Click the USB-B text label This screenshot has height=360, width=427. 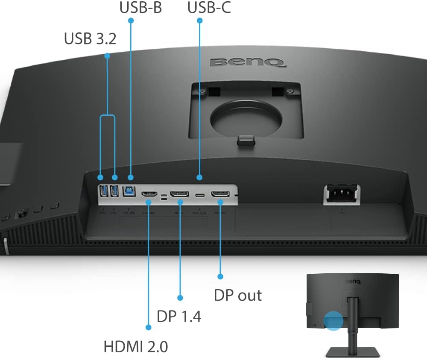pyautogui.click(x=140, y=7)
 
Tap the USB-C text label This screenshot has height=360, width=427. pyautogui.click(x=209, y=7)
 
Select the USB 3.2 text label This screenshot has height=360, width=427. pyautogui.click(x=90, y=38)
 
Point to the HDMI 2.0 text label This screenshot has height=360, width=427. pyautogui.click(x=136, y=347)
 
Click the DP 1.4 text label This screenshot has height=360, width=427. pyautogui.click(x=179, y=316)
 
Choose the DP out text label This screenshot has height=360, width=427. pyautogui.click(x=238, y=295)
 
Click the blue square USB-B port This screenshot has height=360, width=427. pyautogui.click(x=129, y=191)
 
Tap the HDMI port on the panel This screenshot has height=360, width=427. pyautogui.click(x=149, y=194)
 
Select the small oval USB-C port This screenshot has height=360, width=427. pyautogui.click(x=200, y=195)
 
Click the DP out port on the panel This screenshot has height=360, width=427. pyautogui.click(x=220, y=194)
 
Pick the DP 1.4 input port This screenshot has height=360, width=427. pyautogui.click(x=179, y=194)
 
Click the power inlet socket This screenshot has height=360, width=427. pyautogui.click(x=342, y=193)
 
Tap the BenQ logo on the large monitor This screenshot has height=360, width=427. pyautogui.click(x=248, y=63)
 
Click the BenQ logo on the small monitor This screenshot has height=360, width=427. pyautogui.click(x=353, y=281)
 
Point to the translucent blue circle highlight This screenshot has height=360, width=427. pyautogui.click(x=333, y=321)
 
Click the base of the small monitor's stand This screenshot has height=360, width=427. pyautogui.click(x=353, y=352)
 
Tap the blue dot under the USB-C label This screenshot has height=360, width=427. pyautogui.click(x=199, y=20)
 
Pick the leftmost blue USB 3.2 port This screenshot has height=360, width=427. pyautogui.click(x=104, y=190)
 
